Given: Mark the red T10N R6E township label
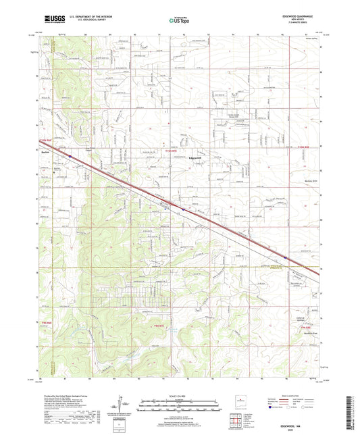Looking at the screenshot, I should pyautogui.click(x=45, y=140).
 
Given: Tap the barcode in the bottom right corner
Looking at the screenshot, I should pyautogui.click(x=351, y=405).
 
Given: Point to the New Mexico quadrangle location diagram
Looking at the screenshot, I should pyautogui.click(x=238, y=399).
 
